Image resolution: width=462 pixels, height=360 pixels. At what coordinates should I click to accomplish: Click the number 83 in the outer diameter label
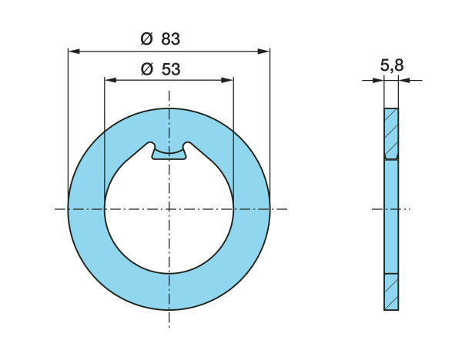(x=171, y=39)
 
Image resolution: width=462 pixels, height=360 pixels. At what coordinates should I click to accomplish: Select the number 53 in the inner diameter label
(x=171, y=69)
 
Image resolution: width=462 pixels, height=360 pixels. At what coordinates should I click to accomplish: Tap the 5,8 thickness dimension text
(x=392, y=65)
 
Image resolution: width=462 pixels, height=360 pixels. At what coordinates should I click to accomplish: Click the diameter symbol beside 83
(x=147, y=39)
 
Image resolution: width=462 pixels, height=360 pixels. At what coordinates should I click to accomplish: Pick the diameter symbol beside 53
(x=147, y=69)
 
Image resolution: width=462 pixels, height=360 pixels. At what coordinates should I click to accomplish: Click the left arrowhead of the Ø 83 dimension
(x=74, y=52)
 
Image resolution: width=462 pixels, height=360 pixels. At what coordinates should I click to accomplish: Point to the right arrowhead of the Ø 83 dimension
(x=263, y=52)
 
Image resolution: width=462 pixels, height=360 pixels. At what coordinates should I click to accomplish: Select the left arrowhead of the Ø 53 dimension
(x=110, y=80)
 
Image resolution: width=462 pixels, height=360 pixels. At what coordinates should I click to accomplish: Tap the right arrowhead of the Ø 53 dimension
(x=227, y=80)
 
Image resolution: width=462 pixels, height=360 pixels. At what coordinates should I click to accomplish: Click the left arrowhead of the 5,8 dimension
(x=378, y=80)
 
